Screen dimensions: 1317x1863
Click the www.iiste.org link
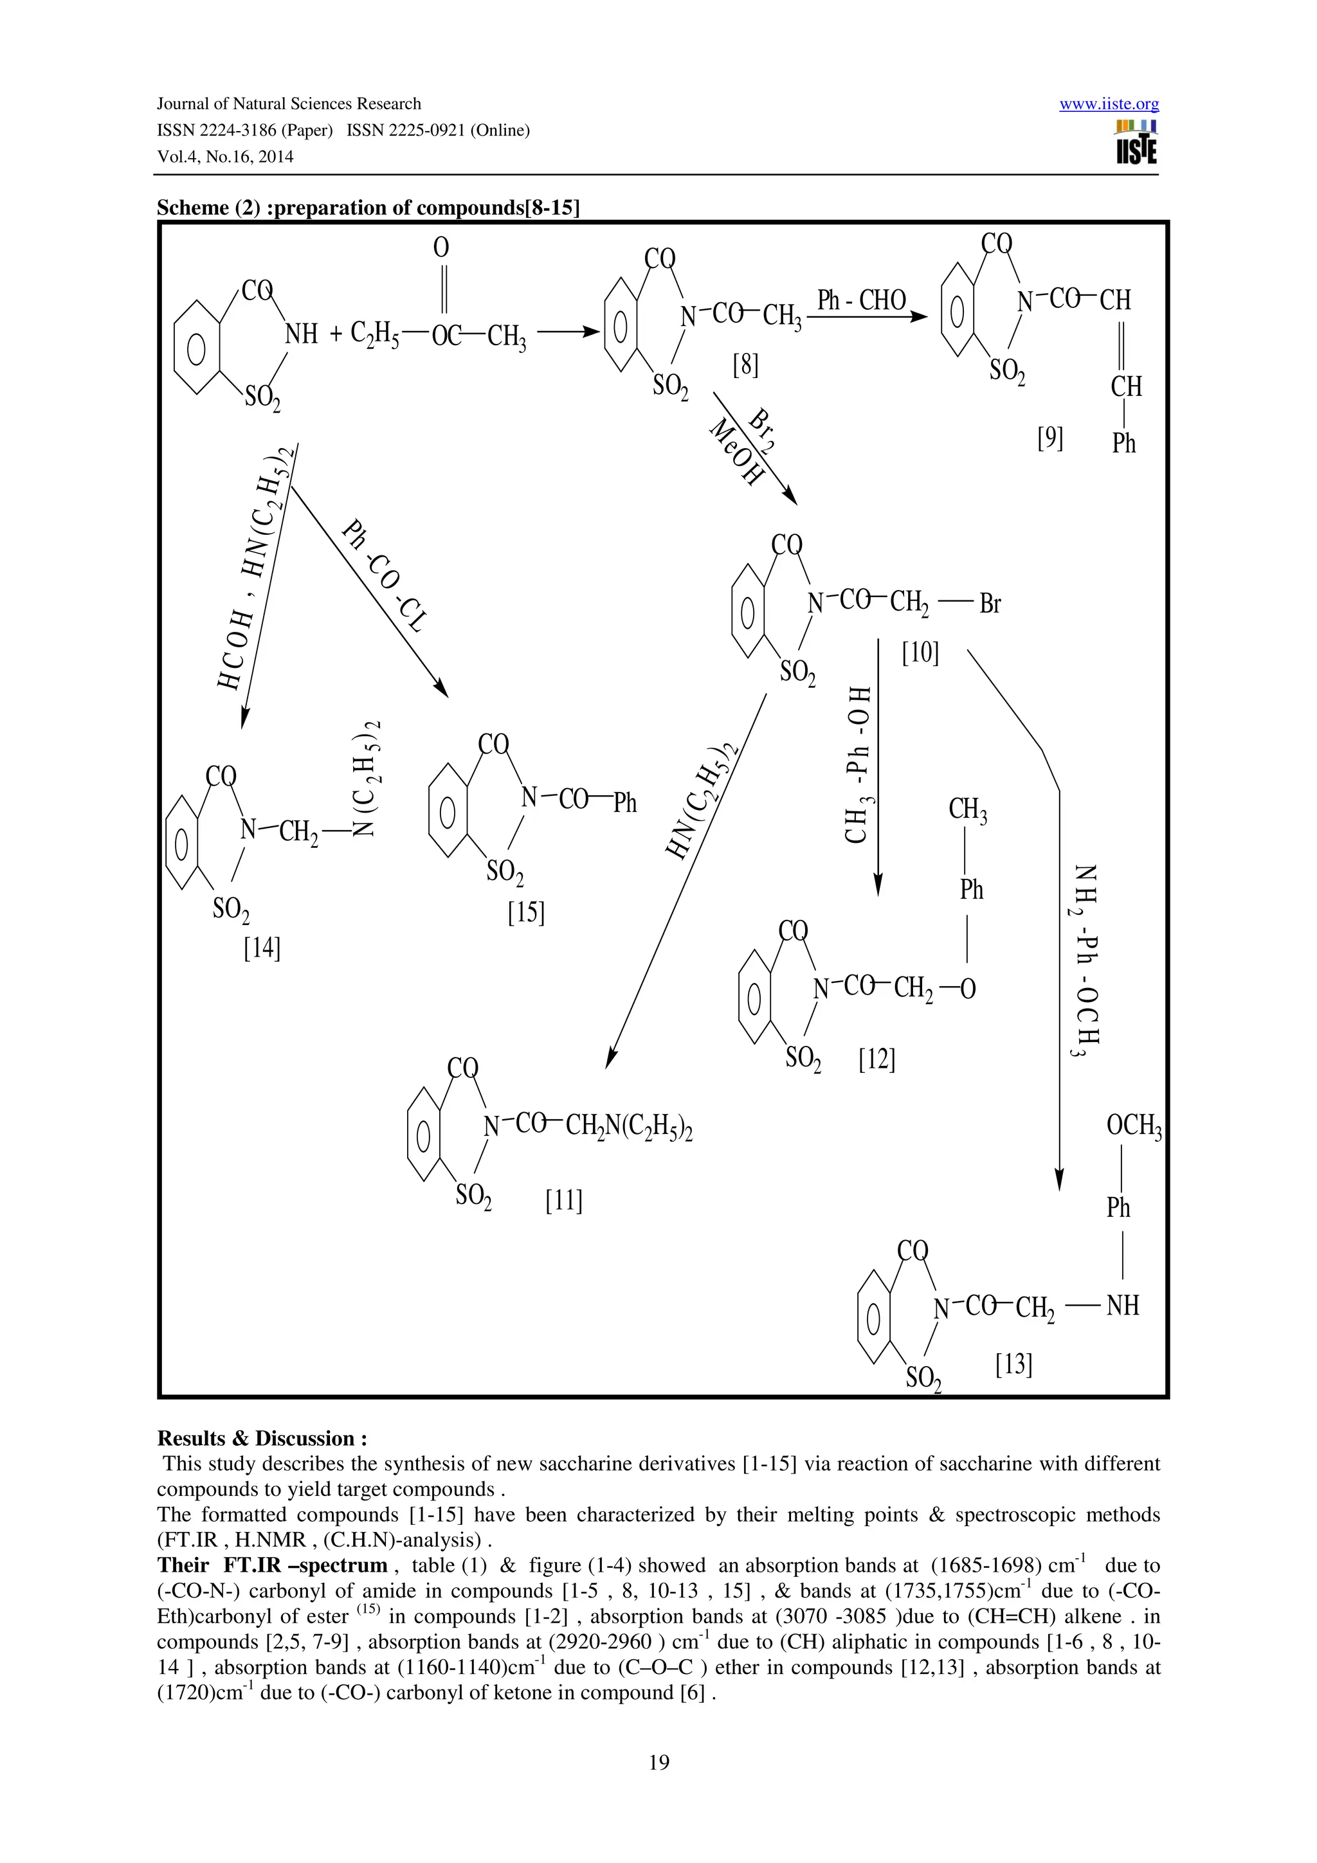pyautogui.click(x=1109, y=104)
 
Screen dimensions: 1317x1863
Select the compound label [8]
pyautogui.click(x=745, y=365)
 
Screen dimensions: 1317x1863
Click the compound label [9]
pyautogui.click(x=1050, y=439)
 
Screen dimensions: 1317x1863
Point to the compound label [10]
pyautogui.click(x=920, y=652)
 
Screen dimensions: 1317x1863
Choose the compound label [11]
pyautogui.click(x=564, y=1200)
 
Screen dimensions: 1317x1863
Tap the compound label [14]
pyautogui.click(x=262, y=948)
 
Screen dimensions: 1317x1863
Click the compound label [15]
pyautogui.click(x=526, y=913)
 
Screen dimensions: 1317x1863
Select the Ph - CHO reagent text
pyautogui.click(x=861, y=300)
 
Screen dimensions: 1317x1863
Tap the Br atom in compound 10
pyautogui.click(x=990, y=604)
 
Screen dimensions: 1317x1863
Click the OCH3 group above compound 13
pyautogui.click(x=1134, y=1126)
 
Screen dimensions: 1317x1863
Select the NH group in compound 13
pyautogui.click(x=1123, y=1305)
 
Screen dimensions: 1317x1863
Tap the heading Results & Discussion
pyautogui.click(x=262, y=1439)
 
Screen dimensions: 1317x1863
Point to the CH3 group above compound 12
pyautogui.click(x=967, y=810)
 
